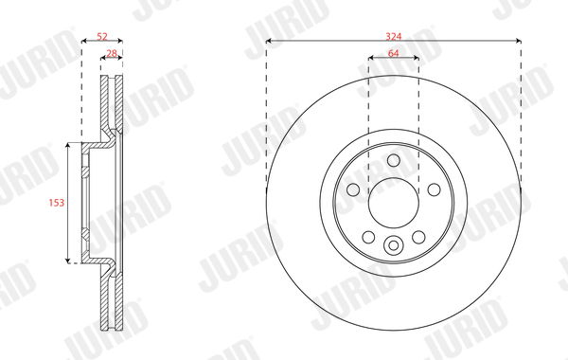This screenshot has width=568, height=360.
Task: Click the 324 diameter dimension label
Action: coord(394,36)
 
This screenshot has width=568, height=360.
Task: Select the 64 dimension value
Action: coord(394,53)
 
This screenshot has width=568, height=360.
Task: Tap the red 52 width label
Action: coord(102,36)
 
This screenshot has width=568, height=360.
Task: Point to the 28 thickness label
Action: coord(113,53)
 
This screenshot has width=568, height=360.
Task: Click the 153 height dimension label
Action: coord(57,203)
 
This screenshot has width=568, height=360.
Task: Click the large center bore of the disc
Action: coord(394,203)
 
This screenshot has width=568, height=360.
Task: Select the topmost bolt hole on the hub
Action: coord(394,160)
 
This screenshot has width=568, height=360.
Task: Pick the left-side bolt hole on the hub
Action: coord(353,189)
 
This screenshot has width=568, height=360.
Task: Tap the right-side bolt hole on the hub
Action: coord(434,189)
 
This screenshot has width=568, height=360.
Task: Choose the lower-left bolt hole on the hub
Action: coord(368,237)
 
